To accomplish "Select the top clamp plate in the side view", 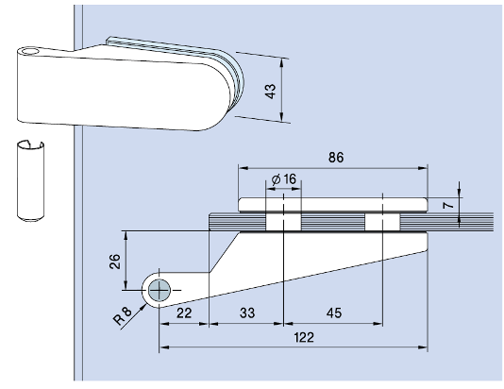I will tap(335, 204).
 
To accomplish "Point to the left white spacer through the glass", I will tap(282, 221).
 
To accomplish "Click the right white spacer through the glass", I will tap(380, 221).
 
